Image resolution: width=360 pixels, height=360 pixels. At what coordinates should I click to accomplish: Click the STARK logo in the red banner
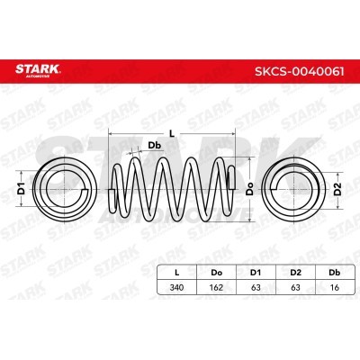tap(38, 70)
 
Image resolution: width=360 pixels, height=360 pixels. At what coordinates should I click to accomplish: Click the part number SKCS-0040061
tap(300, 72)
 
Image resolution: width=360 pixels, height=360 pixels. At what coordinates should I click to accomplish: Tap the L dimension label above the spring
tap(172, 134)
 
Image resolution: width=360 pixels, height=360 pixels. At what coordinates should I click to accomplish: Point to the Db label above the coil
tap(155, 146)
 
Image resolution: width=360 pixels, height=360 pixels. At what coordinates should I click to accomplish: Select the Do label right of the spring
tap(249, 189)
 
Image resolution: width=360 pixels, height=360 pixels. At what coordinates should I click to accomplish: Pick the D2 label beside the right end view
tap(338, 189)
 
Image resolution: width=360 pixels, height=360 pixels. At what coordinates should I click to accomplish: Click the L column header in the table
tap(177, 273)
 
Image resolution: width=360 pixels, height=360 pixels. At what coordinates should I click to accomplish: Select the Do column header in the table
tap(216, 273)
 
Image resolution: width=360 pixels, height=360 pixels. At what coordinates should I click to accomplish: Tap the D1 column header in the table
tap(256, 273)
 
